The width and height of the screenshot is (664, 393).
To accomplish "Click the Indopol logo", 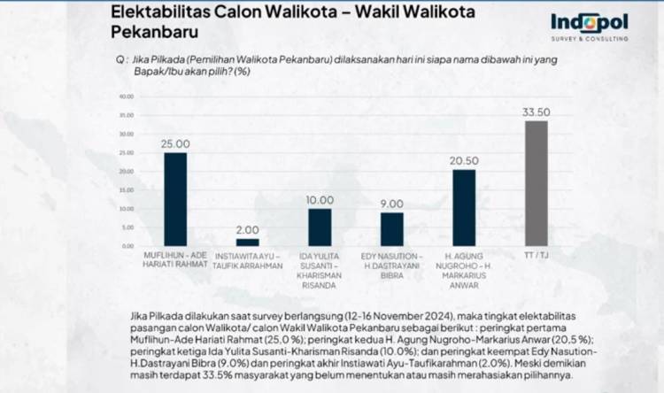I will [589, 26].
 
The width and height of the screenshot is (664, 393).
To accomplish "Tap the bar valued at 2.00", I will [247, 242].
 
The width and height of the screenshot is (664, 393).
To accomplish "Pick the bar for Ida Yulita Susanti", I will [320, 227].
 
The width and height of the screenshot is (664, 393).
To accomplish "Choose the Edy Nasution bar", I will [391, 228].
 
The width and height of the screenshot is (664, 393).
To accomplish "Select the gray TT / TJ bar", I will [537, 182].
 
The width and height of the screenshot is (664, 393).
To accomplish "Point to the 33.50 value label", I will [537, 112].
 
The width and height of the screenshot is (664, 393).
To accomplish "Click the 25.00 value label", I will [175, 143].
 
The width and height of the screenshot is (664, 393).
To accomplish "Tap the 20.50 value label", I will [464, 160].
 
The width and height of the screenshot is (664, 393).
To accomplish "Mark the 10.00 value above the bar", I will [320, 200].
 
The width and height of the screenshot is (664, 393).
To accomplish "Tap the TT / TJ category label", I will [537, 256].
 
